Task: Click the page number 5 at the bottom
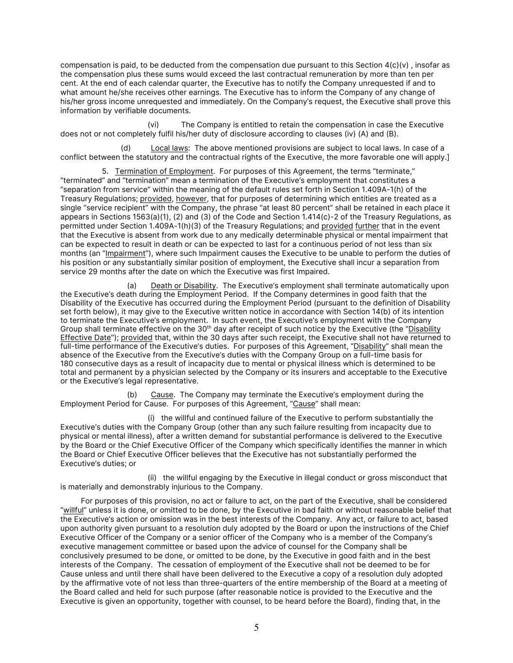[x=256, y=628]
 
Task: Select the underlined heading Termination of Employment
[x=164, y=171]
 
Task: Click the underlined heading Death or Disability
[x=183, y=286]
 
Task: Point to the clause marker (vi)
[x=153, y=125]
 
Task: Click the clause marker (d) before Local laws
[x=126, y=148]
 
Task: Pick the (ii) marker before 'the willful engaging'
[x=152, y=478]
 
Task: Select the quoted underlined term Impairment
[x=125, y=254]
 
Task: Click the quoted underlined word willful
[x=73, y=510]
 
